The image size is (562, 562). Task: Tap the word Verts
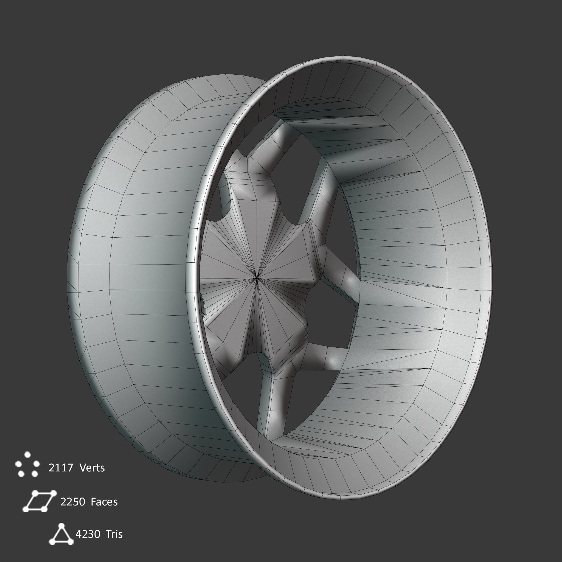coord(92,468)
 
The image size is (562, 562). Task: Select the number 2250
coord(73,502)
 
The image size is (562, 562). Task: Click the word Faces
coord(104,502)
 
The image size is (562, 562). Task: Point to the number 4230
coord(88,534)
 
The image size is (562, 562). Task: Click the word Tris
coord(114,534)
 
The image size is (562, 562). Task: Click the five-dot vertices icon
coord(28,465)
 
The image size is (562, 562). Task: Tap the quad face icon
coord(39,501)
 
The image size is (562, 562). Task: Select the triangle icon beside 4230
coord(61,534)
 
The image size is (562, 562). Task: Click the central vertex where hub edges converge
coord(257,278)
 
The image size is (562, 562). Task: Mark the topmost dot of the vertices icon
coord(28,454)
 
